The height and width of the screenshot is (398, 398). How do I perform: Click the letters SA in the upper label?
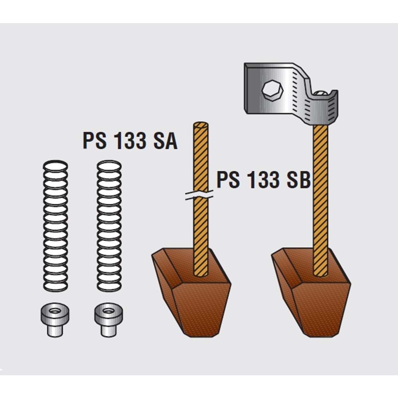pos(166,141)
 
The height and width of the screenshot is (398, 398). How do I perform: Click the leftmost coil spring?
pos(56,226)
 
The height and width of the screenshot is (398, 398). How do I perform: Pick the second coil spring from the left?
pos(109,226)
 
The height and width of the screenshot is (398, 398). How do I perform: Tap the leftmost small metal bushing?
pos(55,320)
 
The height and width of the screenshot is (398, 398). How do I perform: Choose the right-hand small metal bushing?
pos(109,320)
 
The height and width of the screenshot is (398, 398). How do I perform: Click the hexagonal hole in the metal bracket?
pos(272,91)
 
